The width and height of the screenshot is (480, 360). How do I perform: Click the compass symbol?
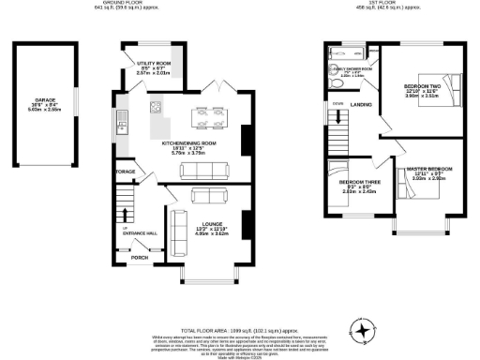pyautogui.click(x=360, y=330)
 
